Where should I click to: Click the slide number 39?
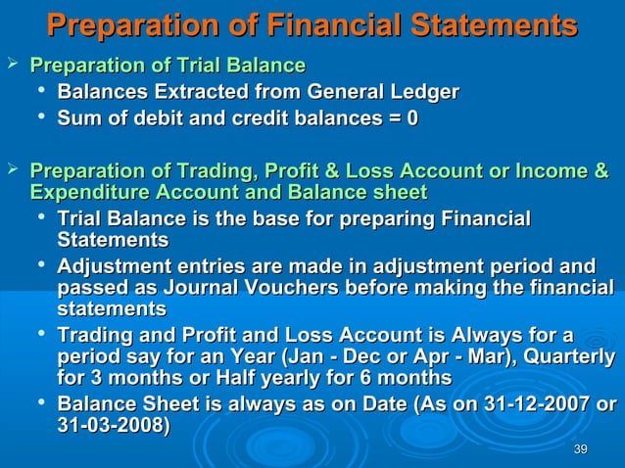pyautogui.click(x=580, y=448)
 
